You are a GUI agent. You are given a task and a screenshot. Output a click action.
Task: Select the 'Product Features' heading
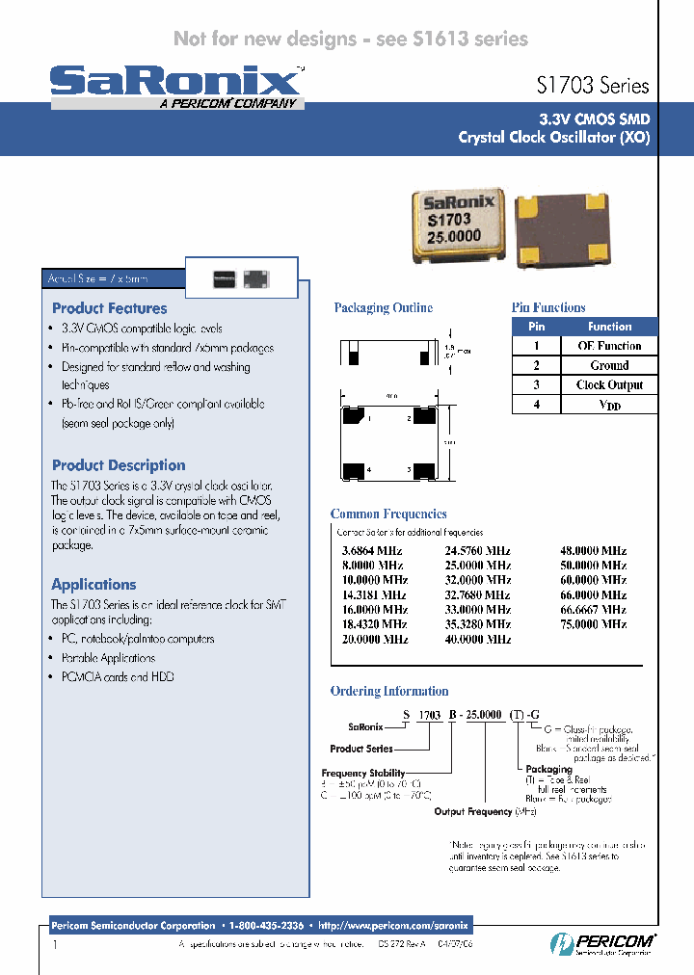point(109,308)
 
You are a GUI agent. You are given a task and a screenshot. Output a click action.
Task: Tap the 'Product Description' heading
point(119,465)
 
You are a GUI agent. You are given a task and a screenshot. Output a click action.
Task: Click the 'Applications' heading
point(93,585)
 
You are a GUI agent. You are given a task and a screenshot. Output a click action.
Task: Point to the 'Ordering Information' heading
point(389,691)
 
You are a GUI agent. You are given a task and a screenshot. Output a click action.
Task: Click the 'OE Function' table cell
point(609,346)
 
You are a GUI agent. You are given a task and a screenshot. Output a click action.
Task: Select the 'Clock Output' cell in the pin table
point(609,385)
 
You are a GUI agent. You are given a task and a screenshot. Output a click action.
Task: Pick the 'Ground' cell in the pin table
point(609,366)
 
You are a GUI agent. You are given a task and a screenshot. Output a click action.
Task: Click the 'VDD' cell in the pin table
point(609,406)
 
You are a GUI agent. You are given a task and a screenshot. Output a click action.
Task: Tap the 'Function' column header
point(609,327)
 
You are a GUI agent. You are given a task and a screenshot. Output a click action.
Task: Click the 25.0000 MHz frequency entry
point(477,566)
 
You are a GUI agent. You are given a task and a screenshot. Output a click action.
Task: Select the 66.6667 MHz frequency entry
point(593,610)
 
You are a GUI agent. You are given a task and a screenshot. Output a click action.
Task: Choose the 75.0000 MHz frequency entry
point(593,624)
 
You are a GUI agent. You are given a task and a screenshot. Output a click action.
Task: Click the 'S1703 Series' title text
point(592,86)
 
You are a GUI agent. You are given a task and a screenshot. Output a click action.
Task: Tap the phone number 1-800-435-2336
point(267,925)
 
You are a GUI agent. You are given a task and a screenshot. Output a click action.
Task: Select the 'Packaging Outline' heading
point(383,308)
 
